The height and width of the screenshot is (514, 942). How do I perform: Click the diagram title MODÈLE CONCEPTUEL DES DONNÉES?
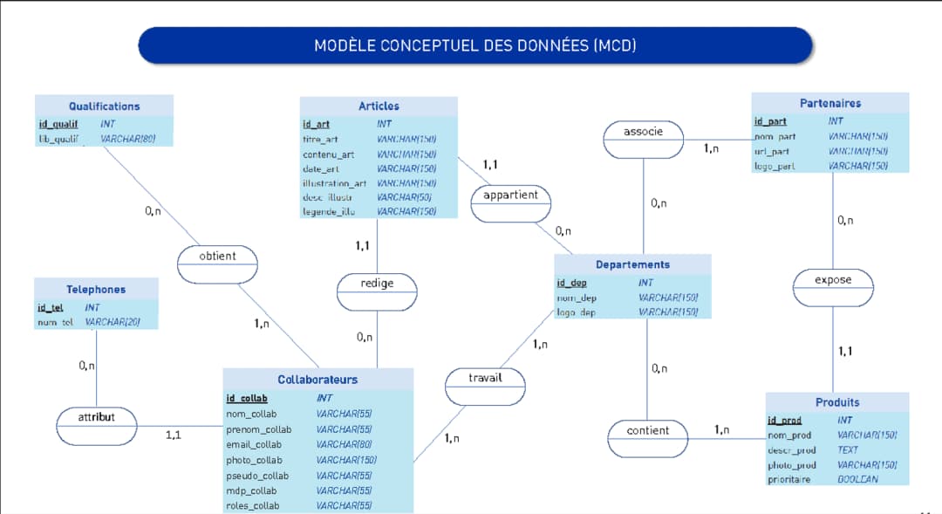pos(475,45)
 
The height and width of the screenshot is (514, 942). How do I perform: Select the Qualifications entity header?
pos(104,106)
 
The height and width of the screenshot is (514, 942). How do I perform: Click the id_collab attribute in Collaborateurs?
pos(247,399)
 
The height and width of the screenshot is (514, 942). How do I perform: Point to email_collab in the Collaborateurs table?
pos(254,445)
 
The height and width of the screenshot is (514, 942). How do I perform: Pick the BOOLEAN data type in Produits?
pos(857,480)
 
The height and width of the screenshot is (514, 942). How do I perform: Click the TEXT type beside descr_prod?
pos(848,450)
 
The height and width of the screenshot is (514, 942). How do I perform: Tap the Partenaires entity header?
pos(829,103)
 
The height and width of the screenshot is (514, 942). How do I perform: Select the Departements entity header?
pos(632,264)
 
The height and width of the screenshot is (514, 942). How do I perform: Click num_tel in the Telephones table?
pos(55,323)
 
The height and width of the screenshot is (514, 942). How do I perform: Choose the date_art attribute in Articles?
pos(321,169)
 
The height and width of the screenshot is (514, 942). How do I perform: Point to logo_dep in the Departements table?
pos(576,312)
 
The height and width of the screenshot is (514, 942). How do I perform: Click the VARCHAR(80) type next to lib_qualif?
pos(127,139)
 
